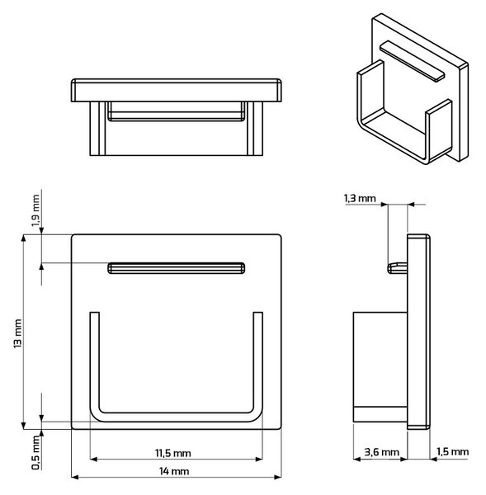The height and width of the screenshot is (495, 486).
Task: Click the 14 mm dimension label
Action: click(x=174, y=471)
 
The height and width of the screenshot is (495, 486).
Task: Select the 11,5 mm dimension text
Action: click(x=173, y=453)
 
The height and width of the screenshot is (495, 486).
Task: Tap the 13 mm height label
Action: click(x=18, y=333)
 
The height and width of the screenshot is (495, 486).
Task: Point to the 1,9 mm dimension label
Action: click(x=35, y=210)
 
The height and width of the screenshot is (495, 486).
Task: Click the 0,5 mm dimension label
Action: click(x=35, y=453)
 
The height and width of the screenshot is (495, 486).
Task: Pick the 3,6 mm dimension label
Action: click(x=381, y=452)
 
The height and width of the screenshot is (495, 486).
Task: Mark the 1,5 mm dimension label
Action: click(x=452, y=451)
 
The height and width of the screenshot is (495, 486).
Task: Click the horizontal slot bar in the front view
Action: click(x=177, y=268)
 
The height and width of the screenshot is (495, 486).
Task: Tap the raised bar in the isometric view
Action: click(x=412, y=61)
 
